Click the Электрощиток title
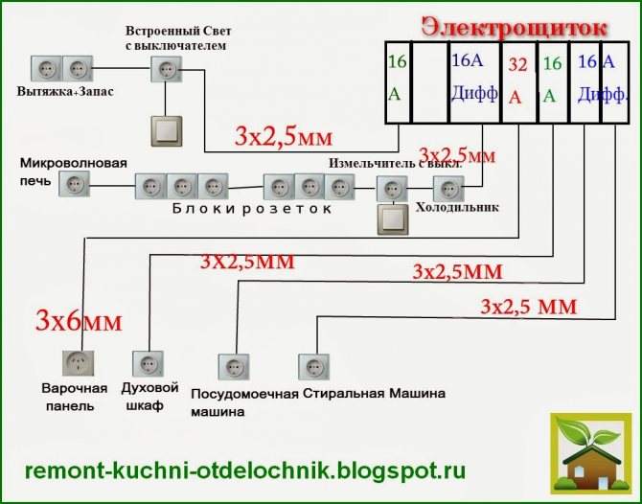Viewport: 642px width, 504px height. click(x=515, y=28)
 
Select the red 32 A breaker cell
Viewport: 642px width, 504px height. click(x=518, y=81)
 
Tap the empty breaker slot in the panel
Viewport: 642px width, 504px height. click(x=430, y=81)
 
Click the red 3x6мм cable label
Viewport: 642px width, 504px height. click(x=79, y=321)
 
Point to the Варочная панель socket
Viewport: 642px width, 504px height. click(x=78, y=363)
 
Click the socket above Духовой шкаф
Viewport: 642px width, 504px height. click(x=148, y=363)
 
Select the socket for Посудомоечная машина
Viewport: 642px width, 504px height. click(x=234, y=367)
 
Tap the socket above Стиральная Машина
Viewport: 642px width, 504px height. click(x=313, y=367)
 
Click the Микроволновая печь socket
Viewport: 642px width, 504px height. click(x=74, y=184)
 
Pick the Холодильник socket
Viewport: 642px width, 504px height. click(x=448, y=189)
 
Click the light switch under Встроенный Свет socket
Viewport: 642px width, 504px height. click(x=167, y=131)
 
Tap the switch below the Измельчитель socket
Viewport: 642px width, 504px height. click(x=393, y=219)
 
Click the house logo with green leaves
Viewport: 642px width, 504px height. click(x=591, y=453)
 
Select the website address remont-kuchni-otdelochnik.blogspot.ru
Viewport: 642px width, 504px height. click(x=245, y=470)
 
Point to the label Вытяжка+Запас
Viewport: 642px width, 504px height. click(x=65, y=91)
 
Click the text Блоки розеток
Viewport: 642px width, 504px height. click(x=252, y=208)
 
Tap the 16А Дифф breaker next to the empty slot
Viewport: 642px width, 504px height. click(x=475, y=81)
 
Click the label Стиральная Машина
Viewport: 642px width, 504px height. click(x=374, y=394)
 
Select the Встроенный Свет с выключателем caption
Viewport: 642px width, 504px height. click(x=178, y=38)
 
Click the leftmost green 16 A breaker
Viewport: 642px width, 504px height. click(x=397, y=81)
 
